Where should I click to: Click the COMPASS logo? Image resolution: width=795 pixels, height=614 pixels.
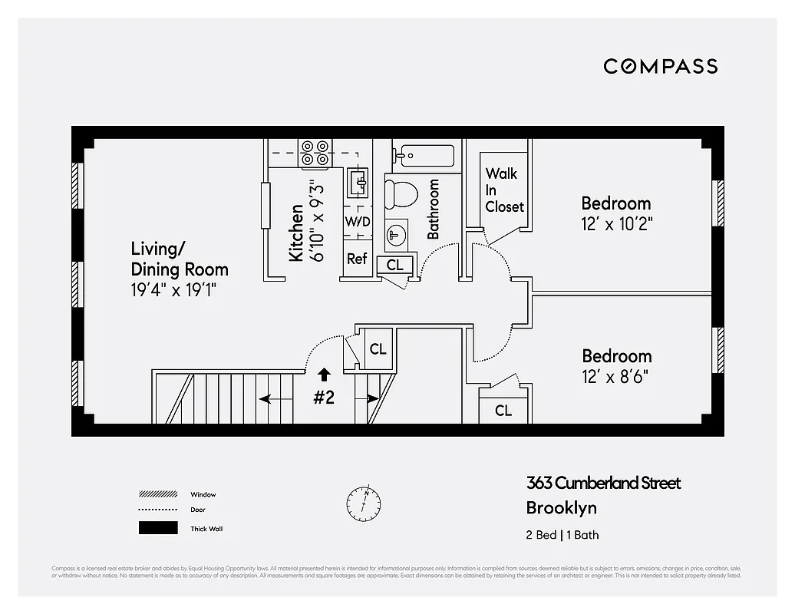[660, 66]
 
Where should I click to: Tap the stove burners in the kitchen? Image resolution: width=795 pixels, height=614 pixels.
[315, 153]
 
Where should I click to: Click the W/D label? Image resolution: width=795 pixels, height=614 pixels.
[358, 222]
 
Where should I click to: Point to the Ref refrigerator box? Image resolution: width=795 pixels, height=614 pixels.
[357, 259]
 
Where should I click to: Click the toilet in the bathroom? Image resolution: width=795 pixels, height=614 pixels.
[398, 193]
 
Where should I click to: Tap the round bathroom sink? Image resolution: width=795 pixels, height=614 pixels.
[396, 234]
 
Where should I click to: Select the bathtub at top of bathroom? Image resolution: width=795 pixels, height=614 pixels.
[424, 155]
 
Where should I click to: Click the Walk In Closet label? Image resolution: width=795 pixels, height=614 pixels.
[503, 190]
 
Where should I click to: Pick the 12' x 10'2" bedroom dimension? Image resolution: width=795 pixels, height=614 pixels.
[616, 223]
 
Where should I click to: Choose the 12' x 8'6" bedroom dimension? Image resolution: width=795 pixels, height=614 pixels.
[616, 376]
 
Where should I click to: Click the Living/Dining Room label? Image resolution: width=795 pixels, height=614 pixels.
[180, 259]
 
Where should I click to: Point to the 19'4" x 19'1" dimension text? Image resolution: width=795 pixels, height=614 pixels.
[173, 290]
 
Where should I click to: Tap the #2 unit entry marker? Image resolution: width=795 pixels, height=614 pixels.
[324, 398]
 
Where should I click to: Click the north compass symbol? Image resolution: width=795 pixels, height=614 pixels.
[364, 500]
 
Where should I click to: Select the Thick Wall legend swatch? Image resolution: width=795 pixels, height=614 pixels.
[157, 528]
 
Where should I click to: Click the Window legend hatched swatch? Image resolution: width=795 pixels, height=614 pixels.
[157, 494]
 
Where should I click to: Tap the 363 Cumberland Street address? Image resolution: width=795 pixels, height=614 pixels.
[603, 483]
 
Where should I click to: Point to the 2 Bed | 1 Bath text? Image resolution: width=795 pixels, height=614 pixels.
[562, 535]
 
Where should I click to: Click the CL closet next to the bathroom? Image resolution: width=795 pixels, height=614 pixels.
[395, 265]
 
